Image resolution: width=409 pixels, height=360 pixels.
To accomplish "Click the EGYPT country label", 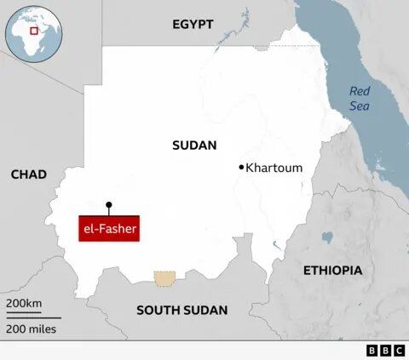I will (x=193, y=24).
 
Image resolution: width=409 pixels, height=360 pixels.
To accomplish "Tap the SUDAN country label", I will (x=194, y=146).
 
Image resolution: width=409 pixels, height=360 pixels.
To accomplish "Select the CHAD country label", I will (x=28, y=174).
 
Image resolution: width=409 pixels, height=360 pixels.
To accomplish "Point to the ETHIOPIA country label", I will (x=333, y=270).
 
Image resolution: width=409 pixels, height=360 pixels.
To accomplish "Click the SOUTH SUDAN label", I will (x=181, y=310).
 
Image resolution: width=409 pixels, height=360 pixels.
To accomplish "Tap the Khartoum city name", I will (x=274, y=168).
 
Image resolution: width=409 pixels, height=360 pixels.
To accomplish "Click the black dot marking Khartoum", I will (x=242, y=167).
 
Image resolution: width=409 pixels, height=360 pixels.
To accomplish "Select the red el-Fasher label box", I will (x=108, y=229).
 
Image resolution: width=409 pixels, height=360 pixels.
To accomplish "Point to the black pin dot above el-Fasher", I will (x=108, y=204).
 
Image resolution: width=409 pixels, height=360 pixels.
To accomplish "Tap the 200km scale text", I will (x=24, y=304).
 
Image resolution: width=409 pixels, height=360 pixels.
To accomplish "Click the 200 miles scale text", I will (x=32, y=329).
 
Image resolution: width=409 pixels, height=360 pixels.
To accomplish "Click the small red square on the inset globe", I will (x=35, y=31).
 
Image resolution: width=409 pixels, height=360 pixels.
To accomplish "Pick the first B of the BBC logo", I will (x=372, y=351).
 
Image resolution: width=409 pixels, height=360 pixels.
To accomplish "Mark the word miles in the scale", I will (x=43, y=329).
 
